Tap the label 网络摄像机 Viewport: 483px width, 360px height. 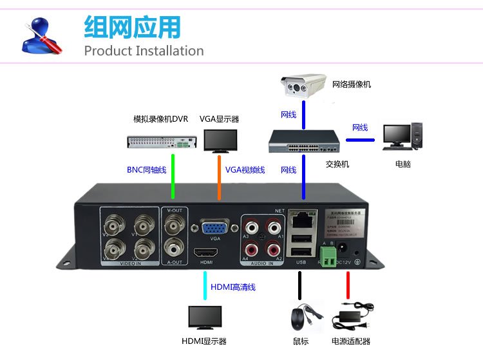coord(352,84)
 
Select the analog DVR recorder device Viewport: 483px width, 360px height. coord(161,142)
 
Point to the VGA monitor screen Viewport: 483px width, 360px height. coord(220,140)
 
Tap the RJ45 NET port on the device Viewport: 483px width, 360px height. coord(300,220)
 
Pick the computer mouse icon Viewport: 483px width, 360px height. coord(299,319)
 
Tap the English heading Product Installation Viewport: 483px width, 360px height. coord(144,51)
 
